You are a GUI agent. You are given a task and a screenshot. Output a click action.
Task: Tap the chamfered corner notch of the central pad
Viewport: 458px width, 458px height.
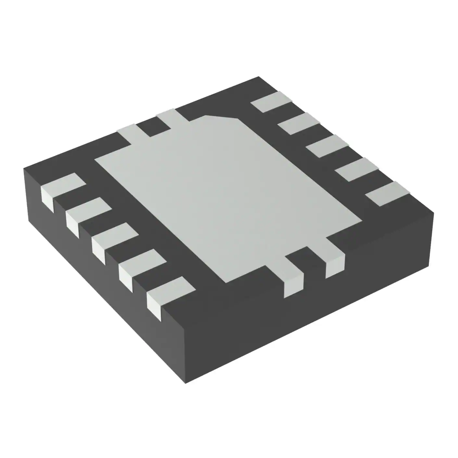[x=223, y=118]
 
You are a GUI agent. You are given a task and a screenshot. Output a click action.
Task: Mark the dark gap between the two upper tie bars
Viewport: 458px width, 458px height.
[x=153, y=127]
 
